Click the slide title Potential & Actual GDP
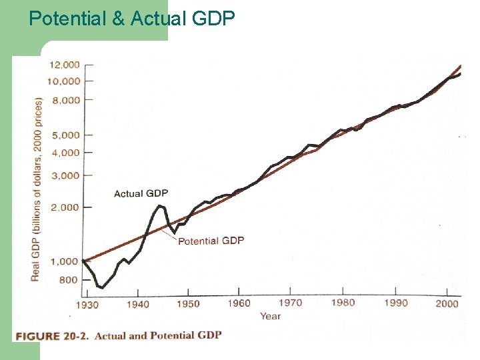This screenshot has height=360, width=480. click(132, 18)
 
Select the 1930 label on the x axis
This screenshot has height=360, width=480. click(87, 305)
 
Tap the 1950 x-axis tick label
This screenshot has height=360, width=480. click(188, 303)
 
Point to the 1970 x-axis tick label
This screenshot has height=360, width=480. click(290, 302)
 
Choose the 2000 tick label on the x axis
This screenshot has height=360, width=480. click(447, 303)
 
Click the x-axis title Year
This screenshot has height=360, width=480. click(270, 316)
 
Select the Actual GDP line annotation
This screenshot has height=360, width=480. click(141, 193)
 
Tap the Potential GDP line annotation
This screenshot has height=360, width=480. click(211, 240)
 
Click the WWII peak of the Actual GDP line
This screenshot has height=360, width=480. click(160, 205)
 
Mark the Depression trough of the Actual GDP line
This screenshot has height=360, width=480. click(102, 287)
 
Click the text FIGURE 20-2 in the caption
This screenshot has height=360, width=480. click(53, 335)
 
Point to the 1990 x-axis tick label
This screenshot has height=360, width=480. click(396, 303)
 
